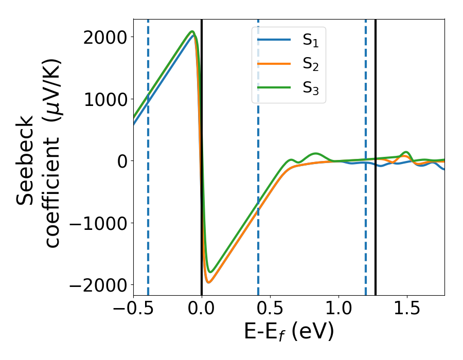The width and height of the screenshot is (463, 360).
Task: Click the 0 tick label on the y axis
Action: point(121,161)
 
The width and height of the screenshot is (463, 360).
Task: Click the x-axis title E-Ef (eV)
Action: point(289,332)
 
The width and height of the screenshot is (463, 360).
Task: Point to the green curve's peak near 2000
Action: point(192,31)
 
